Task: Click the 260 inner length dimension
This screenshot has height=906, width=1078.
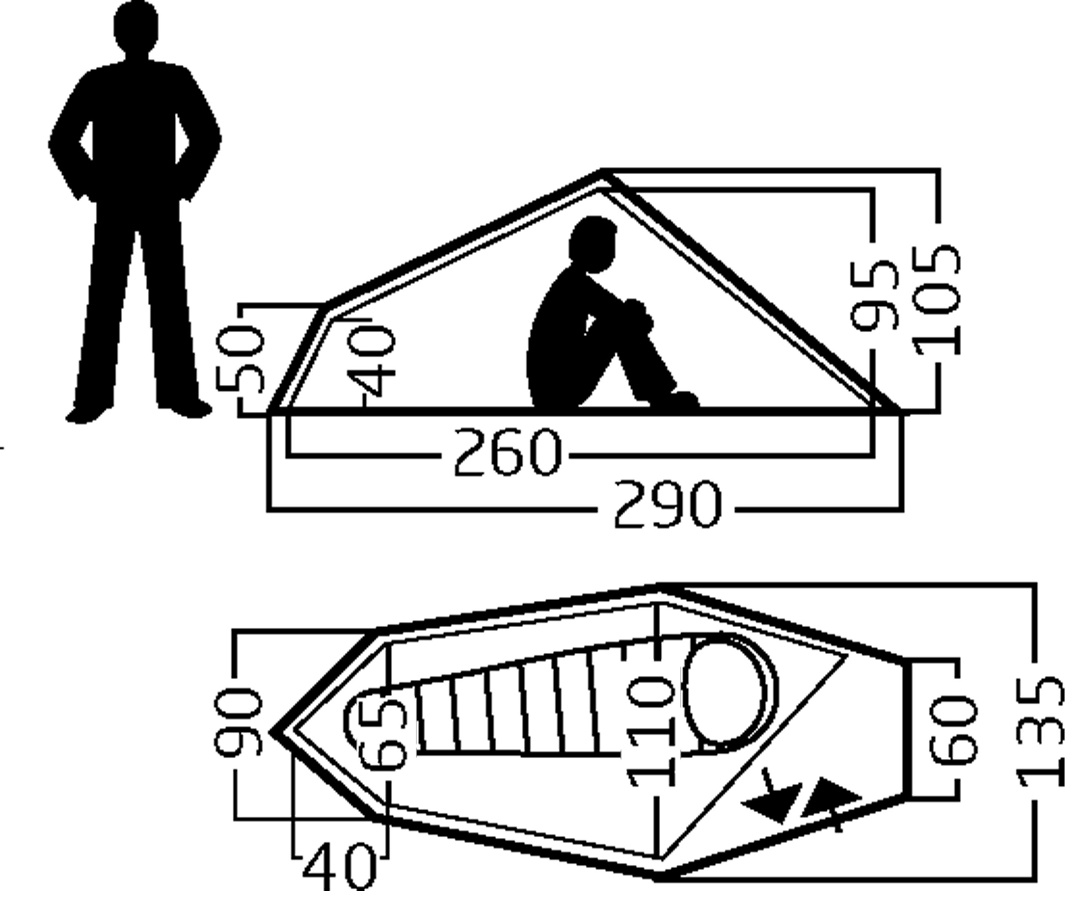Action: coord(506,452)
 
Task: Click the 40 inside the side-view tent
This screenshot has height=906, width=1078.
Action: coord(371,363)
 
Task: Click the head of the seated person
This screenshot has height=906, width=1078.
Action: coord(592,244)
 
